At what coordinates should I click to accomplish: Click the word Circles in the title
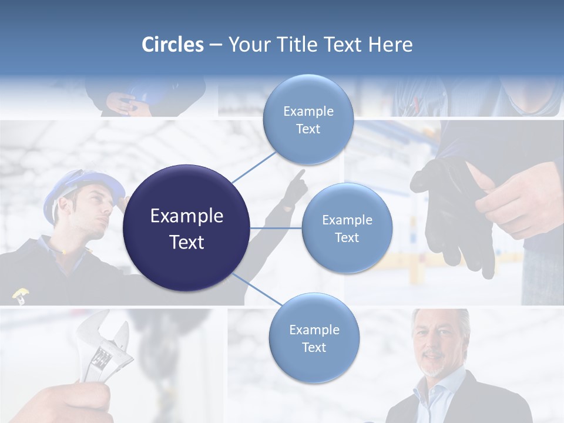click(x=173, y=45)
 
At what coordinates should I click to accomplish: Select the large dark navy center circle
click(x=187, y=228)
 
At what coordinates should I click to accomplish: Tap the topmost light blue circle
click(x=308, y=120)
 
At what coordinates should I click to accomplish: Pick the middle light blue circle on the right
click(x=347, y=229)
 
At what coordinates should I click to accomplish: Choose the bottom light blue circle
click(x=314, y=338)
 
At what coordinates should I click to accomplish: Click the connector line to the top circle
click(x=254, y=167)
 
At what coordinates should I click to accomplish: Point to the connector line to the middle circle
click(x=276, y=228)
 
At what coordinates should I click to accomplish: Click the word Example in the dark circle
click(x=187, y=216)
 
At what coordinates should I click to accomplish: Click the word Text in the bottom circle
click(x=314, y=347)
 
